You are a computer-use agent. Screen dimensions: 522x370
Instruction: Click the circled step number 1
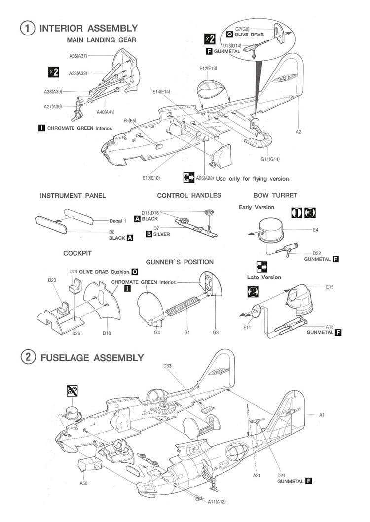(x=27, y=28)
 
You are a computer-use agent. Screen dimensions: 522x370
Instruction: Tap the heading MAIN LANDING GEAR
(x=101, y=40)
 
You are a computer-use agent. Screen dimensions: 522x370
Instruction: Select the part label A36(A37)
(x=78, y=56)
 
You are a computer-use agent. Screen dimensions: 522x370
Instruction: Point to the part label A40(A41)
(x=106, y=112)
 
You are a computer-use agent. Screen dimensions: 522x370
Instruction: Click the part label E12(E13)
(x=208, y=68)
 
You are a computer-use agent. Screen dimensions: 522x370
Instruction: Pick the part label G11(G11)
(x=270, y=159)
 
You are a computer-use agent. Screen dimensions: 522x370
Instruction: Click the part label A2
(x=299, y=132)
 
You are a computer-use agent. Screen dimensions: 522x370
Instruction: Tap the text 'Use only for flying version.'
(x=253, y=178)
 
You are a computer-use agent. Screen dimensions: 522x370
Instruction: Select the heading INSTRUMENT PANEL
(x=73, y=196)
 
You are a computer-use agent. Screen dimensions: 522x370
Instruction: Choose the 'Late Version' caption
(x=264, y=278)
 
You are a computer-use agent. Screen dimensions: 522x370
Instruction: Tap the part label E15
(x=330, y=287)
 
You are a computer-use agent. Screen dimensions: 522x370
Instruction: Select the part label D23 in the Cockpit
(x=53, y=281)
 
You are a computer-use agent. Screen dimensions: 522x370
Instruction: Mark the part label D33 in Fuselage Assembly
(x=167, y=365)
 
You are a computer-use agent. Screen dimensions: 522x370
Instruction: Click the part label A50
(x=83, y=483)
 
